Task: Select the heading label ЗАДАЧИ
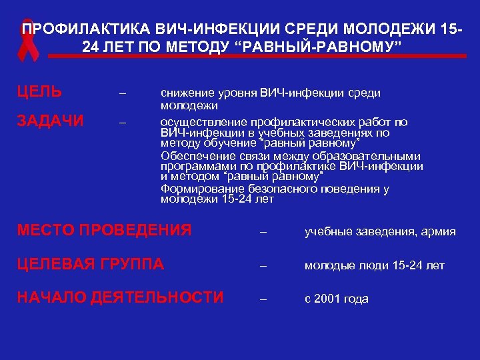click(x=51, y=121)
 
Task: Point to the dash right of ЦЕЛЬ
click(x=121, y=93)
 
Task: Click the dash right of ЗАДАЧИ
click(x=121, y=123)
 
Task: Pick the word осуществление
click(x=202, y=123)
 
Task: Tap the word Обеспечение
click(x=195, y=156)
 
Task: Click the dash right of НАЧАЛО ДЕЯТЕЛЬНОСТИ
click(x=263, y=299)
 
